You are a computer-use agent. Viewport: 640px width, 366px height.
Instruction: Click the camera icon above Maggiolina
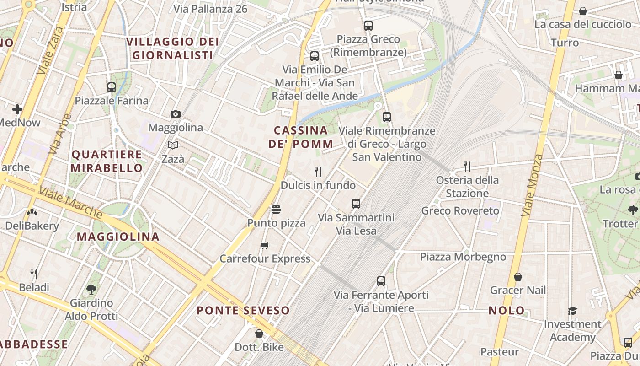click(175, 114)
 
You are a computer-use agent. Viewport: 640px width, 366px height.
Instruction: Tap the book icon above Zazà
click(172, 145)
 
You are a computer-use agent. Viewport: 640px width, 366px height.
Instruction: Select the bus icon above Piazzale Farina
click(111, 87)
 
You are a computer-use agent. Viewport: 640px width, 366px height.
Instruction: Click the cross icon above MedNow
click(17, 109)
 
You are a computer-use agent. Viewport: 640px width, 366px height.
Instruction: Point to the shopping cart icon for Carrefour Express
click(264, 246)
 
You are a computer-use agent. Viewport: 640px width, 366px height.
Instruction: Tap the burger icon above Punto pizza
click(276, 210)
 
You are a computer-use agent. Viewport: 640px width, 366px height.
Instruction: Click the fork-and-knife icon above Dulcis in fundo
click(318, 172)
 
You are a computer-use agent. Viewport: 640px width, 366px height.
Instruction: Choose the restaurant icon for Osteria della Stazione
click(467, 166)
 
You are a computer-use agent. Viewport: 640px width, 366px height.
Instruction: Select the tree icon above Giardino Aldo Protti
click(91, 289)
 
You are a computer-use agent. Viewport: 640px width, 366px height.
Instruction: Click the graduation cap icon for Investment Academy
click(572, 311)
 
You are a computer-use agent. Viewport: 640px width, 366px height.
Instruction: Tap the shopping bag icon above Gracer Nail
click(518, 277)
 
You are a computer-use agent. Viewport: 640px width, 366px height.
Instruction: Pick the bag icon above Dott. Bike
click(259, 334)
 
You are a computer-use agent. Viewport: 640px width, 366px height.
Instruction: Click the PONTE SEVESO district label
click(243, 311)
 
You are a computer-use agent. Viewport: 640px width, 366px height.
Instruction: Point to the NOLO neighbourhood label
click(507, 311)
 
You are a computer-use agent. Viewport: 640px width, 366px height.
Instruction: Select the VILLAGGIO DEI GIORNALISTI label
click(172, 48)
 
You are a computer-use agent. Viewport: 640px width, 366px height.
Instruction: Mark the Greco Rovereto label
click(460, 211)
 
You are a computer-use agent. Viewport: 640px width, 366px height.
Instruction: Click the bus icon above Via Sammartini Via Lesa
click(356, 204)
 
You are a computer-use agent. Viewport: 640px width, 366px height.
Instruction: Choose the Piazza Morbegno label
click(463, 257)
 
